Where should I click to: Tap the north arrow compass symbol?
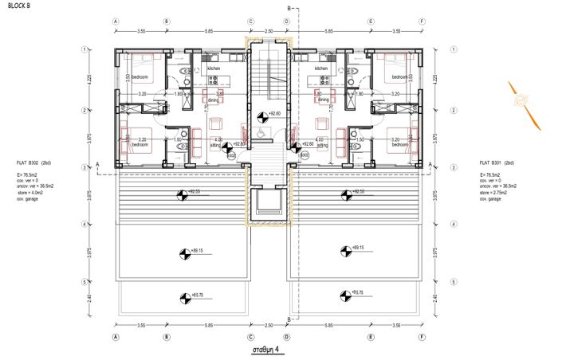[x=519, y=100]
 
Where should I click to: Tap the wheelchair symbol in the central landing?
[x=261, y=120]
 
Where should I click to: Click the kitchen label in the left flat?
[x=214, y=69]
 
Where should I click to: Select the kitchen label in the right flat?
[x=321, y=69]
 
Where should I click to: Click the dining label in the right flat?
[x=323, y=100]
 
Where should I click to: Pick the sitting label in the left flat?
[x=215, y=147]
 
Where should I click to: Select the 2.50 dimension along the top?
[x=269, y=32]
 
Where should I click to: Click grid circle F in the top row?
[x=421, y=22]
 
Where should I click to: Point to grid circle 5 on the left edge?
[x=84, y=282]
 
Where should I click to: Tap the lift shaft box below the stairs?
[x=268, y=205]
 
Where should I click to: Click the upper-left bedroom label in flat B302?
[x=141, y=77]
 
